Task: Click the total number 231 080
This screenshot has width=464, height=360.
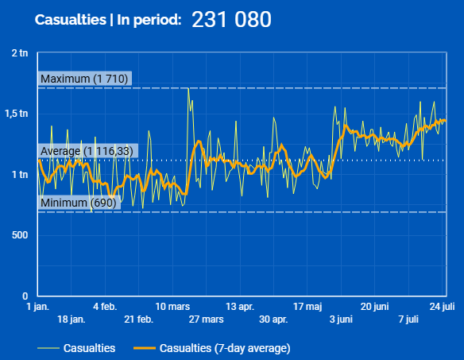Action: (231, 20)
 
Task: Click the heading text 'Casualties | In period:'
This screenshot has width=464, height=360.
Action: (108, 20)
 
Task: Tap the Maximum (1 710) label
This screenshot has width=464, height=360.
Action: (84, 79)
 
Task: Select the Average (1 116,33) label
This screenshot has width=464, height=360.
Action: (87, 151)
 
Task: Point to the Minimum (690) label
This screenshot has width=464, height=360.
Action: (79, 203)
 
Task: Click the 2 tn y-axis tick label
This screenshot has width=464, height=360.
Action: (20, 53)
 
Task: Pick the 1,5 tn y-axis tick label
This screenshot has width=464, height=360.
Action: (17, 114)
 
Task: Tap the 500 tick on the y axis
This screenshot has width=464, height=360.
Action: (20, 235)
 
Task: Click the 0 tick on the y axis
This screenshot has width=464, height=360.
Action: (25, 296)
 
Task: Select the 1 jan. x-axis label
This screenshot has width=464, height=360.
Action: (38, 307)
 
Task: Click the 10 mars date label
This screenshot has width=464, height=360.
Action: (172, 307)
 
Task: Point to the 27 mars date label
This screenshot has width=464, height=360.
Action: (207, 319)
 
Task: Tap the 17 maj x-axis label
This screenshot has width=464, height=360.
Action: (307, 307)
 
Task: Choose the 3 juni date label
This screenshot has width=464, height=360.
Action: (341, 319)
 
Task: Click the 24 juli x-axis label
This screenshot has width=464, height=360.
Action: (442, 307)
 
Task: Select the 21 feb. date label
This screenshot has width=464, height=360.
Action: (139, 319)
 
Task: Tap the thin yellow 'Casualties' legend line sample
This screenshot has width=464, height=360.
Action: (48, 348)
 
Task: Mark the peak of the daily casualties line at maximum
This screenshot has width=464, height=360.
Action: (188, 88)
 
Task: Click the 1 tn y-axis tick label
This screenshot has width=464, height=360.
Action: (20, 175)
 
